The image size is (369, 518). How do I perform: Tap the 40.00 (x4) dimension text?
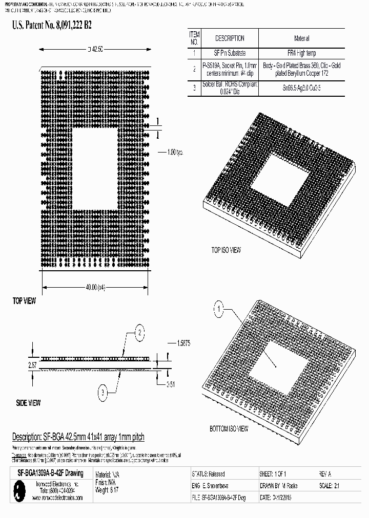95,287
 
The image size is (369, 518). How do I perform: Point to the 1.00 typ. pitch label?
175,152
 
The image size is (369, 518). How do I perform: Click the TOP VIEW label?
24,301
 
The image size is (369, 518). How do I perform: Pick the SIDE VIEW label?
28,403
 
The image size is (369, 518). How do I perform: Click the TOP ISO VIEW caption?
226,250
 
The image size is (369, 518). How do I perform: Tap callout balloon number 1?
219,309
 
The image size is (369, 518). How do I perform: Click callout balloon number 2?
138,333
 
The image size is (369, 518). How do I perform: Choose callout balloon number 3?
103,393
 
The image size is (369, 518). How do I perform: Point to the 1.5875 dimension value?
183,343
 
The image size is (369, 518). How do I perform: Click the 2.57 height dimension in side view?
18,364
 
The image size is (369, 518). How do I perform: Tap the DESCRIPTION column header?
229,38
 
